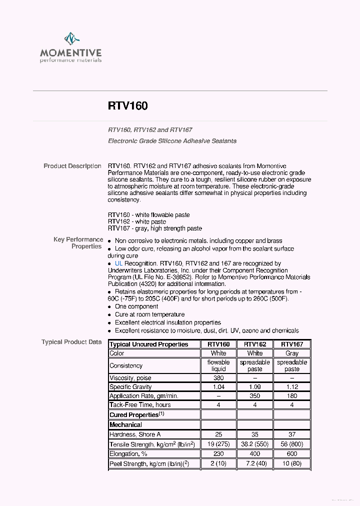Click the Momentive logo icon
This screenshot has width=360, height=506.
(x=71, y=39)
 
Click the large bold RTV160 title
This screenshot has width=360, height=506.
(x=127, y=106)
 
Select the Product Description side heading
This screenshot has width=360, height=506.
(x=72, y=166)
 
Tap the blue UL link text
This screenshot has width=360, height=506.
(x=118, y=263)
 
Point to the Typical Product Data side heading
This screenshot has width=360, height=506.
(x=71, y=342)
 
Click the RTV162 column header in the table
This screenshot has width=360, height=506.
(x=254, y=344)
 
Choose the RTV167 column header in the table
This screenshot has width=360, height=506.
(x=292, y=344)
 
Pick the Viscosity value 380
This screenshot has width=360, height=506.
(x=218, y=378)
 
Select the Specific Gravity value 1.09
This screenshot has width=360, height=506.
(x=254, y=387)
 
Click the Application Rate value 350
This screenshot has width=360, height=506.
(x=254, y=396)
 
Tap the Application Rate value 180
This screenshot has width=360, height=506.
(x=292, y=396)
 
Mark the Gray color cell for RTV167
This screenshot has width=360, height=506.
(x=292, y=353)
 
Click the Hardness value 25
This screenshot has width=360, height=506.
(x=218, y=434)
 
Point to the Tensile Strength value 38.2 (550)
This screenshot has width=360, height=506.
(x=254, y=444)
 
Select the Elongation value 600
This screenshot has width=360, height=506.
(x=292, y=454)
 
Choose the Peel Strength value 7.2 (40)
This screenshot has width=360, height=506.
(x=254, y=463)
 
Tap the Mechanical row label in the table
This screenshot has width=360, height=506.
(x=126, y=424)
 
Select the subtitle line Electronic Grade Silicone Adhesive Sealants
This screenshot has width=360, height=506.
(x=172, y=141)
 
